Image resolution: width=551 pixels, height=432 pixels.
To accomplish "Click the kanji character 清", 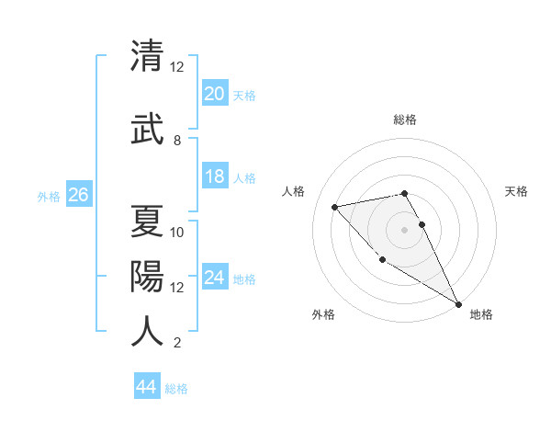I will coord(147,57).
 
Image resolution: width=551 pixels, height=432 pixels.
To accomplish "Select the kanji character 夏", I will coord(147,222).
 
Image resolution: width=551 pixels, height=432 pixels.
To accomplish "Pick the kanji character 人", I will coord(147,332).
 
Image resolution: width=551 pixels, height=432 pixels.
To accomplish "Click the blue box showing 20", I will coord(214,94).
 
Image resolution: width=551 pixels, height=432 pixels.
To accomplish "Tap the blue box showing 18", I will coord(214,176).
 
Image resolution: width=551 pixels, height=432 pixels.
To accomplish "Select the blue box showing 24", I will coord(214,278).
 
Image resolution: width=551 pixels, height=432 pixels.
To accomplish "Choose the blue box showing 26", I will coord(78,195).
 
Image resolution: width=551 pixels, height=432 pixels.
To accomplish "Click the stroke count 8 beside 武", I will coord(177,141).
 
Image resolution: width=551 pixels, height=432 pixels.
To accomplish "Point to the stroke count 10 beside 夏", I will coord(177,233).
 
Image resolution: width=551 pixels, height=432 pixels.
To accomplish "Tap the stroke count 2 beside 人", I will coord(177,343).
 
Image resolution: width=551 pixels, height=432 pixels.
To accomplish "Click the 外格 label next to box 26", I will coord(49,196).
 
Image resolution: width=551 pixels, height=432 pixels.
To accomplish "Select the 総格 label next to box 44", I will coord(176,389).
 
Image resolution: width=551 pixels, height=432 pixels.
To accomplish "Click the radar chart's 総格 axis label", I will coord(404,119).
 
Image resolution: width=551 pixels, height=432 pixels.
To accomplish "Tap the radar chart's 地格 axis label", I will coord(481,314).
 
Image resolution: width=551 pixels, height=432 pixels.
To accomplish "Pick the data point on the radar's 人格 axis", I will coord(335,207).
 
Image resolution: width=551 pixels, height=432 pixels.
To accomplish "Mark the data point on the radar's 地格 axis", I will coord(458,303).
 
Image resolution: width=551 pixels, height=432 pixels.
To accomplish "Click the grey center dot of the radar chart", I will coord(404,229).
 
